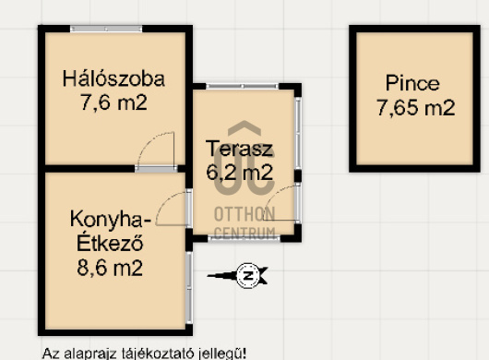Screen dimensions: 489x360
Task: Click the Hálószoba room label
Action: tap(113, 79)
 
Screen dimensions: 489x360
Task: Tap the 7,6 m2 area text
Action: tap(113, 102)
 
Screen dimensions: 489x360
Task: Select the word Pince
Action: tap(412, 83)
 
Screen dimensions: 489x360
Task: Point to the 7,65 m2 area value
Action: tap(416, 108)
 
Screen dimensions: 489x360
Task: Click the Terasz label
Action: tap(240, 149)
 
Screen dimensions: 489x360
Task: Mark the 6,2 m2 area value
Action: tap(240, 173)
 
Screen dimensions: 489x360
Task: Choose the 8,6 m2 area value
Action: tap(110, 268)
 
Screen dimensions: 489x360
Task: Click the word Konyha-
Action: tap(111, 220)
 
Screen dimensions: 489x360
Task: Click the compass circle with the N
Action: tap(248, 276)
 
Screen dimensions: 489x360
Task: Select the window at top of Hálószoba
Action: tap(106, 29)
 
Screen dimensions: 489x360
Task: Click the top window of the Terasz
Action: tap(243, 87)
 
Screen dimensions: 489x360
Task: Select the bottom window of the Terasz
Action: tap(244, 238)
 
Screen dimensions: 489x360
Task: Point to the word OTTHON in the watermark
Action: tap(244, 214)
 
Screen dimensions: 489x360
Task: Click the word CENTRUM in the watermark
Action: tap(245, 233)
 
